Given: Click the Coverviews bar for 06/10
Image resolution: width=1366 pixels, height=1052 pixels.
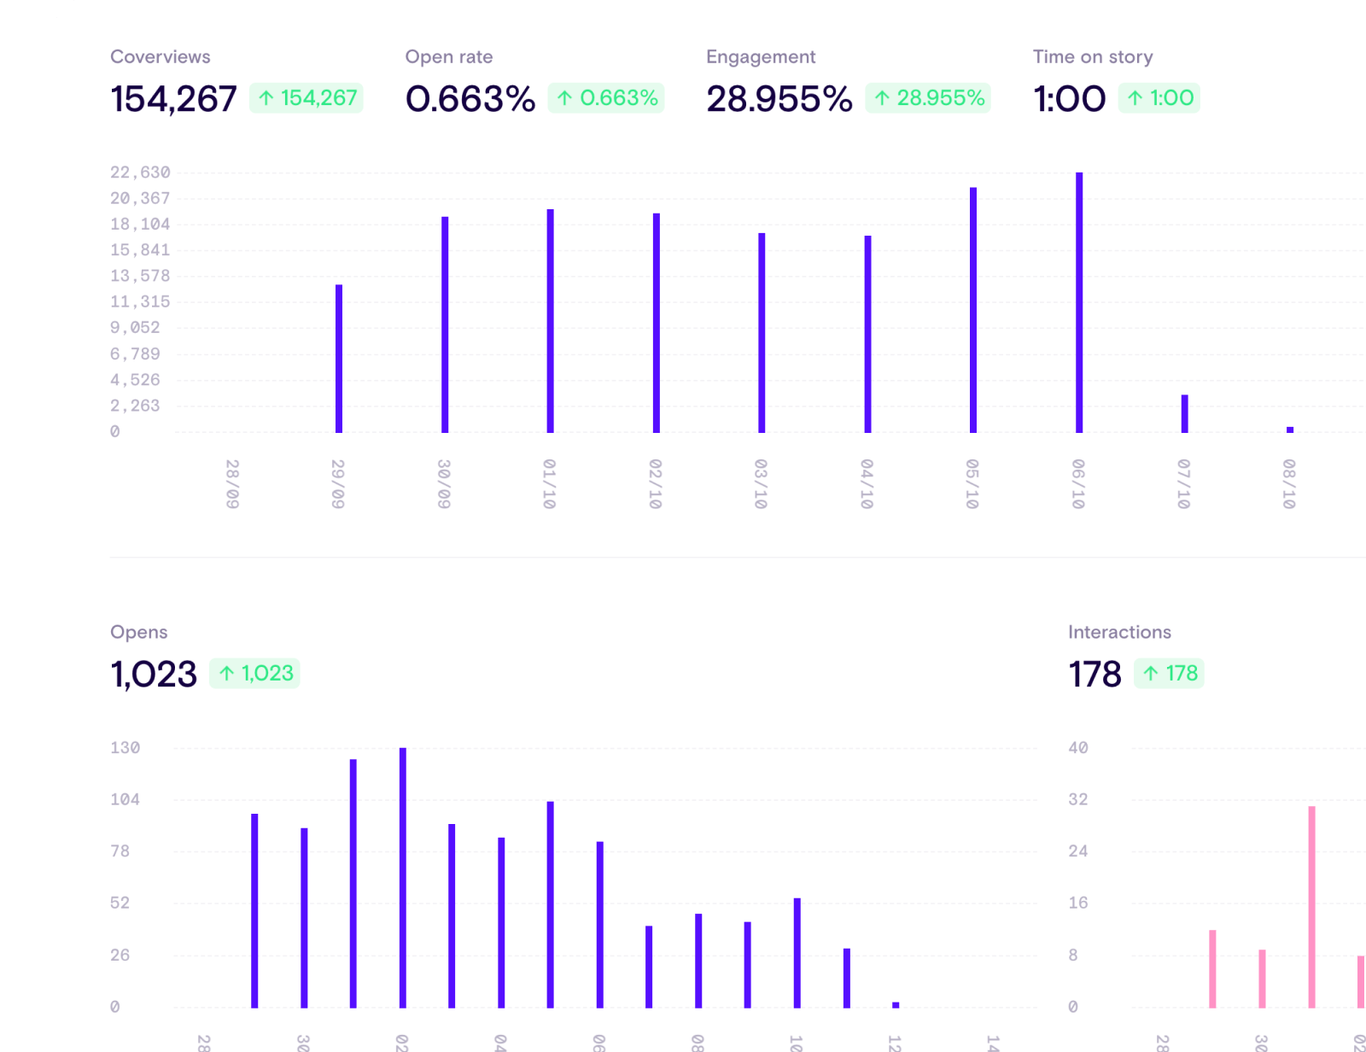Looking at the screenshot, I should click(1079, 302).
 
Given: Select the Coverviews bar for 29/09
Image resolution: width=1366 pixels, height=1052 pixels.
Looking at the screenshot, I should click(339, 359).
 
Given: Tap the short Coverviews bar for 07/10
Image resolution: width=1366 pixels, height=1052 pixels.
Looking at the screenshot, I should click(1184, 413).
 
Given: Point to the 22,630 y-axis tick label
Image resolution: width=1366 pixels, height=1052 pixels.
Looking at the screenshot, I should click(140, 172).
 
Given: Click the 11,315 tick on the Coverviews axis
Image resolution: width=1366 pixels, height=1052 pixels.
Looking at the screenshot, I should click(140, 301).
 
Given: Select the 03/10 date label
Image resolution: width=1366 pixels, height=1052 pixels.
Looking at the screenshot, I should click(761, 484).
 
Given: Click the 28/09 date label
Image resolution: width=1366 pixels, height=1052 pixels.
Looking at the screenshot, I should click(232, 484).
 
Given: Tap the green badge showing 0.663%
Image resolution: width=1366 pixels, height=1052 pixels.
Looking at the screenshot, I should click(606, 98).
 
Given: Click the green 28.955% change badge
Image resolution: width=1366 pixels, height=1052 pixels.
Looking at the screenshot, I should click(928, 98).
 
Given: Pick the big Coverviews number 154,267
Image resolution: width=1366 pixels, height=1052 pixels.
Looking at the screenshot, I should click(173, 99).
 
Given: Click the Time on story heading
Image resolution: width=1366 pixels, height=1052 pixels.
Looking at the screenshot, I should click(1092, 57).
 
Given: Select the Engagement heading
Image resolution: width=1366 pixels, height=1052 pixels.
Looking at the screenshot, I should click(760, 57).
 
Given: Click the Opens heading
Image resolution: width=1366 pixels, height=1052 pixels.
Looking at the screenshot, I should click(138, 633).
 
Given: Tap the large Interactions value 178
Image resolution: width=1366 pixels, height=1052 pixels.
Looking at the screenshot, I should click(1095, 675).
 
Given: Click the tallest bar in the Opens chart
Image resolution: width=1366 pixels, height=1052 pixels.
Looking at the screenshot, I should click(403, 878).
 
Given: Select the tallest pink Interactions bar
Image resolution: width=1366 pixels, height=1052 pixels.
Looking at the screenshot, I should click(1311, 907).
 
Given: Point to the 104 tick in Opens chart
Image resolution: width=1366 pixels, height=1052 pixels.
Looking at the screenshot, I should click(125, 800).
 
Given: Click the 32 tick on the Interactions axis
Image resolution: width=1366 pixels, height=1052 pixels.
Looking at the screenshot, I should click(1078, 800).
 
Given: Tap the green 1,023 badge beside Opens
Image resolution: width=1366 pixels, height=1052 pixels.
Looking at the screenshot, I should click(254, 674).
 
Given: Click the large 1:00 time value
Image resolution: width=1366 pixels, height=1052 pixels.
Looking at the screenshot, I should click(1069, 99).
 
